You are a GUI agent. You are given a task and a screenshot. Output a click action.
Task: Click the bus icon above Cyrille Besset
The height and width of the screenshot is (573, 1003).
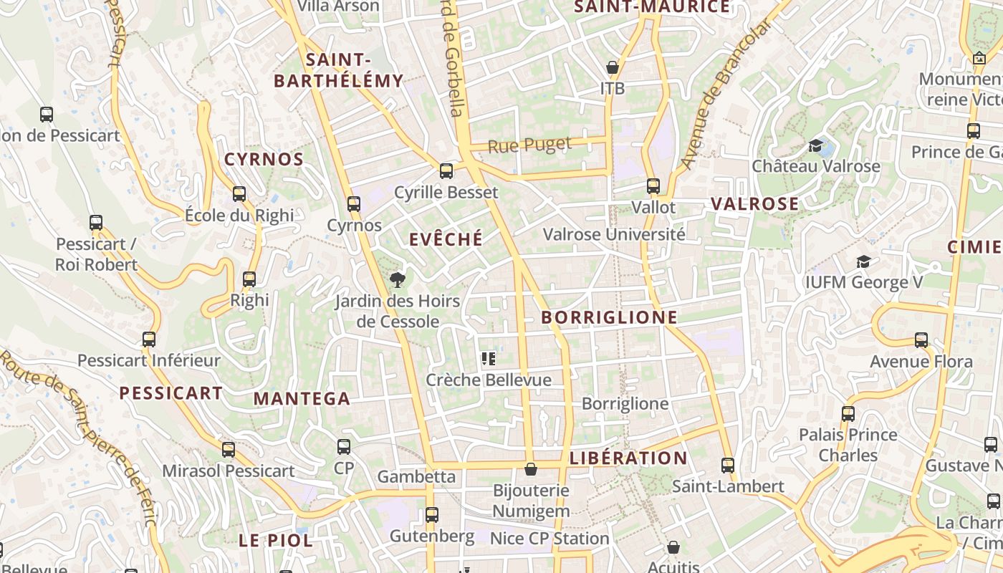(x=446, y=170)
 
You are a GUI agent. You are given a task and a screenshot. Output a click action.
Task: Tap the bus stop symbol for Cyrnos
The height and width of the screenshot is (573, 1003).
(x=353, y=204)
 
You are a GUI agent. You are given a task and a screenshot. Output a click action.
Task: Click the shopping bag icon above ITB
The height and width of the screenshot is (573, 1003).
(x=613, y=67)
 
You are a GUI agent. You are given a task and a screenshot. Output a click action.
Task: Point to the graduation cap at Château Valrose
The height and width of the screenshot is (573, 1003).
(x=815, y=146)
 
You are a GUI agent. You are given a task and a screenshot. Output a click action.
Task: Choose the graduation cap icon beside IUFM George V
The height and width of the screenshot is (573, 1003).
(x=863, y=262)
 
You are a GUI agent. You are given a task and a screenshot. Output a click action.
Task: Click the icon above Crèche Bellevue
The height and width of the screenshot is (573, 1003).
(x=489, y=359)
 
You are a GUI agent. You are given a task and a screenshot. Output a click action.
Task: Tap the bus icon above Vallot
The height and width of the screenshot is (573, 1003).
(x=653, y=186)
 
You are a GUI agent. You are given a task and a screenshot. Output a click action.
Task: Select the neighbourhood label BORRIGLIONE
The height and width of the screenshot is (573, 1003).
(x=609, y=317)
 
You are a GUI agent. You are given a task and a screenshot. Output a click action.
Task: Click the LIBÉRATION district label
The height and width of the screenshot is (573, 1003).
(x=628, y=458)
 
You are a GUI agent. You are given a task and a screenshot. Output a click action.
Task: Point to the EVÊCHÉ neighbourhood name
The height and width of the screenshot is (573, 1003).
(x=446, y=239)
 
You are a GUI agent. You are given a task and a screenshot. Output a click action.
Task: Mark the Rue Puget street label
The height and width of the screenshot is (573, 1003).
(x=530, y=145)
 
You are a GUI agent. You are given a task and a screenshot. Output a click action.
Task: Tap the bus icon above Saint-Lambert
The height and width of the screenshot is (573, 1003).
(x=728, y=466)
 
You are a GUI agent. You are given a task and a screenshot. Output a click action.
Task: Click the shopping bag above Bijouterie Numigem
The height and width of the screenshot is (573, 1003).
(x=531, y=469)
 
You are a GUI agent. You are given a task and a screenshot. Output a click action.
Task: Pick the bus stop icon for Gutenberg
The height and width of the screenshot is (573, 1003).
(x=431, y=515)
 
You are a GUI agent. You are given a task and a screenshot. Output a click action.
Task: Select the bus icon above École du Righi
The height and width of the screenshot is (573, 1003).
(x=239, y=193)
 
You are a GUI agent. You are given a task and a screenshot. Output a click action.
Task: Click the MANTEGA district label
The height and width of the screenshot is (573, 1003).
(x=302, y=399)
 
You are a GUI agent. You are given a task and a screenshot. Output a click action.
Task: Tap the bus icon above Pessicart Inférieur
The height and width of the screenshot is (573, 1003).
(x=148, y=340)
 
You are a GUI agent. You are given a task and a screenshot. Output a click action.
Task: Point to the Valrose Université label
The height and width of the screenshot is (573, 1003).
(x=614, y=234)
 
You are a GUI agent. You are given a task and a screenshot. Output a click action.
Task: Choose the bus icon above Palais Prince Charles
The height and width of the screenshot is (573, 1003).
(x=848, y=413)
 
